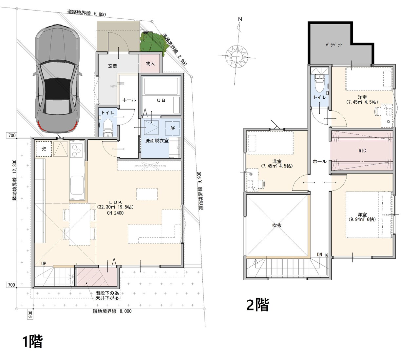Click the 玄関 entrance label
112,66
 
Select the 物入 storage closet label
150,64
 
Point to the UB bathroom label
161,100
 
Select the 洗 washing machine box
172,128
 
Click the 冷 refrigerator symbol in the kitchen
44,149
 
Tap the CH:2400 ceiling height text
115,213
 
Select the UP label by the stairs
44,263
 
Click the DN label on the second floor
319,255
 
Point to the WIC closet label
362,150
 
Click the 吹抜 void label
277,225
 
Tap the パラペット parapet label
334,45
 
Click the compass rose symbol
236,55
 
